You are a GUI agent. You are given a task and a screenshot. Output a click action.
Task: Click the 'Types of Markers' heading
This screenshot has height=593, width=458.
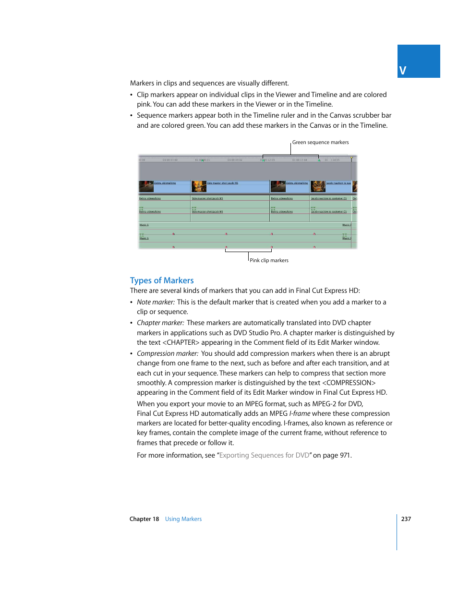[162, 280]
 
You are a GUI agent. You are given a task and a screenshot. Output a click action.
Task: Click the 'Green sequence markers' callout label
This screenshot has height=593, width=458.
[320, 142]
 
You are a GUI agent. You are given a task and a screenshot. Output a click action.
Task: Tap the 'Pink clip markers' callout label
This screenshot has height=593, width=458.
[269, 260]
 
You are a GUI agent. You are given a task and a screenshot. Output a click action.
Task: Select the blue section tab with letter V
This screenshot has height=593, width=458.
[418, 61]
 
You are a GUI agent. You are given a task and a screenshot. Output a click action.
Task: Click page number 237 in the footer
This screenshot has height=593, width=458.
[406, 519]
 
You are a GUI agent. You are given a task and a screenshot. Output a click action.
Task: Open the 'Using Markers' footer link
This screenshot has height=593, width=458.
[183, 519]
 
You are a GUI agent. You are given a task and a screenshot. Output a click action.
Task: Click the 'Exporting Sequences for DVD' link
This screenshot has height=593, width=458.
[264, 455]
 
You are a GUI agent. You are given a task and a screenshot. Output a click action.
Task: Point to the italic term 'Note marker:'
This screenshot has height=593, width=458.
[156, 302]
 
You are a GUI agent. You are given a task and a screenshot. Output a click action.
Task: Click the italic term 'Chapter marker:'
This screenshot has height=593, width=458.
[160, 323]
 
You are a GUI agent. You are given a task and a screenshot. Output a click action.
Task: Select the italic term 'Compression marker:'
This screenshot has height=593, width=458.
[168, 353]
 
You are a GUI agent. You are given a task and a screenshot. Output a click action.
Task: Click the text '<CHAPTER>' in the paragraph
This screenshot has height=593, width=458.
[181, 342]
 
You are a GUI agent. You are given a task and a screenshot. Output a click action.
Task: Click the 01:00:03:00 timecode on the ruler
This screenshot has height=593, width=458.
[170, 160]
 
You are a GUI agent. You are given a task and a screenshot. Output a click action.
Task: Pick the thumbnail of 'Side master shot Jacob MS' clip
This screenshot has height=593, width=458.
[199, 186]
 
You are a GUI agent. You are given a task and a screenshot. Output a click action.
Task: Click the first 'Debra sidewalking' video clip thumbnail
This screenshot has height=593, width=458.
[146, 186]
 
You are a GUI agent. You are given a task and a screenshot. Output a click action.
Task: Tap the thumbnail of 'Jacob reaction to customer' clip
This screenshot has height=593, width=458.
[318, 186]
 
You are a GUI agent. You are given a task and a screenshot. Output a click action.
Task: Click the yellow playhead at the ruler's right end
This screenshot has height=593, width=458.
[351, 158]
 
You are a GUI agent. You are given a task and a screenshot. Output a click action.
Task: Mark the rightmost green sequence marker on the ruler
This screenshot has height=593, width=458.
[319, 160]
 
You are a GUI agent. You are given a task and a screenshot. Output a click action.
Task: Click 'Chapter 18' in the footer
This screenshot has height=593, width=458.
[144, 519]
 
